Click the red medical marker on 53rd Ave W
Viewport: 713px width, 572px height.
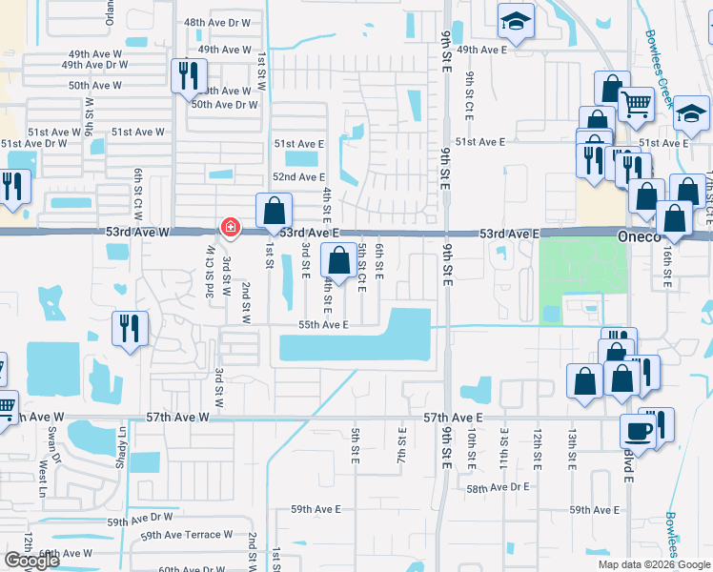[x=230, y=227]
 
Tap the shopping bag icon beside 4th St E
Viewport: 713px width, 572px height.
[x=338, y=259]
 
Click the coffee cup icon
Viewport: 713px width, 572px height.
[x=636, y=431]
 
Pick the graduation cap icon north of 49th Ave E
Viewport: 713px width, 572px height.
[x=515, y=22]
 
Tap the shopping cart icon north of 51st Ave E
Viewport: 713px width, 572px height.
[x=636, y=104]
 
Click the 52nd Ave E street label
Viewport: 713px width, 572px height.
[x=299, y=177]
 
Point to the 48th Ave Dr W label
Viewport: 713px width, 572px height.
[x=217, y=22]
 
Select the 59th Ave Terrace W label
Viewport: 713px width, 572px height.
[x=187, y=535]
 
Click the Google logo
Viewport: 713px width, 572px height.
[x=31, y=561]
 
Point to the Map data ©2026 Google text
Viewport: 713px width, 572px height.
[x=654, y=564]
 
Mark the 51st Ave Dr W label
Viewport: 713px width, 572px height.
[x=34, y=144]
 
